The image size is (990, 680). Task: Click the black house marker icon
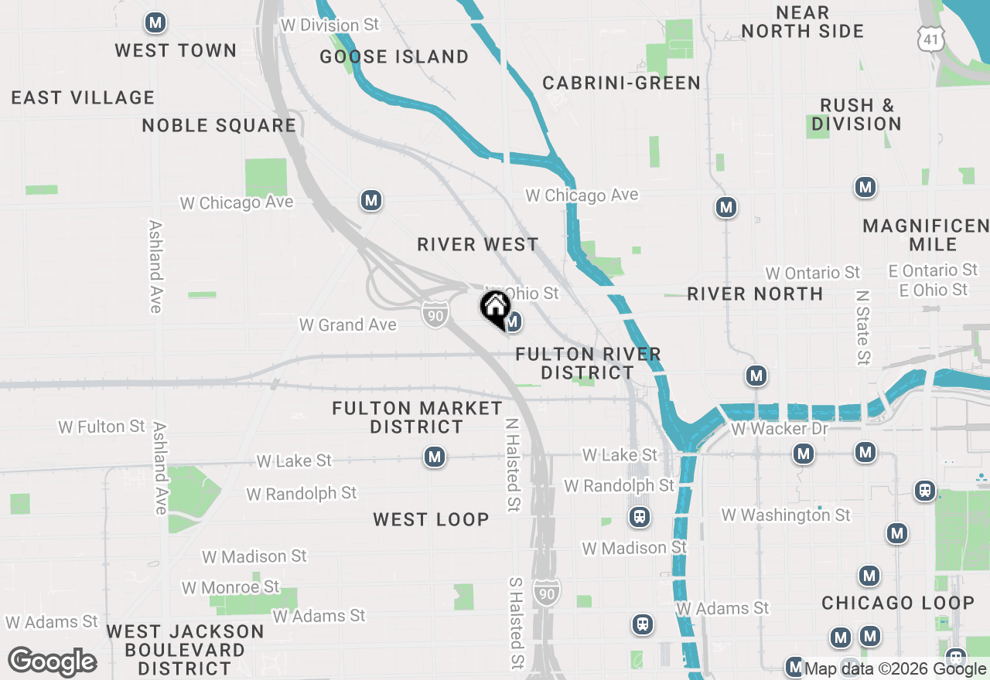(x=495, y=307)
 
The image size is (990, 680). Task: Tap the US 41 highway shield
(x=930, y=36)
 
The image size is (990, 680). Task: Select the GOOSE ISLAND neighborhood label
(x=394, y=56)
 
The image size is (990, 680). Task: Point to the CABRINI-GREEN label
(x=621, y=83)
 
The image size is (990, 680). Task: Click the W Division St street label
(x=329, y=25)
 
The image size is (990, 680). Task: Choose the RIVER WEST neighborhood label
(x=477, y=244)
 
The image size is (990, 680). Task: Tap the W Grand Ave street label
(x=347, y=325)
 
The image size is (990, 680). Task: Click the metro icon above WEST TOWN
(x=155, y=23)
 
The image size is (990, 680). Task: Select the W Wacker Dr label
(x=779, y=428)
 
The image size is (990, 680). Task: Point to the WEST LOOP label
(x=431, y=519)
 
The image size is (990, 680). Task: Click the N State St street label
(x=863, y=326)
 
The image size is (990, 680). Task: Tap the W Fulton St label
(x=101, y=427)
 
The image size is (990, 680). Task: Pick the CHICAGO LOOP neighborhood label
(x=897, y=603)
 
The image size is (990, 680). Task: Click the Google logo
(x=52, y=662)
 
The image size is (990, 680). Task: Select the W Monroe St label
(x=230, y=587)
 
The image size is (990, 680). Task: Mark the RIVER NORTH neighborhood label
(x=755, y=294)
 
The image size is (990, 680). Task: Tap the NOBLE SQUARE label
(x=219, y=125)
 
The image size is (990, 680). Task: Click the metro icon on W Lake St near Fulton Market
(x=435, y=457)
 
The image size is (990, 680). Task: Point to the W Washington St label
(x=785, y=515)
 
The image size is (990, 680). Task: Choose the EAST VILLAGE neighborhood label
(x=83, y=97)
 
